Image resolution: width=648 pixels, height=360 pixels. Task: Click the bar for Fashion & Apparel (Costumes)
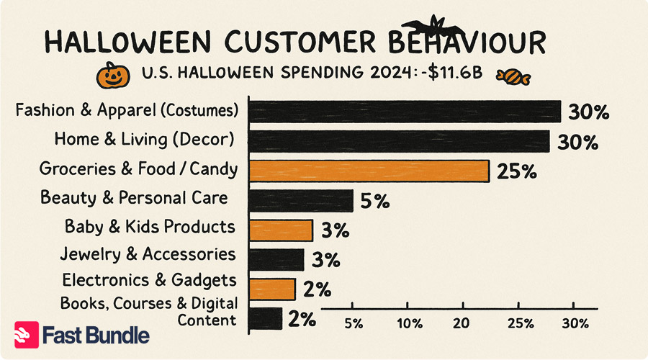click(405, 112)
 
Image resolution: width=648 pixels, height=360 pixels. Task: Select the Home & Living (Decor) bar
click(399, 141)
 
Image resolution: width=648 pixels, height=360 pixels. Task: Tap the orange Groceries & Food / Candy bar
click(369, 171)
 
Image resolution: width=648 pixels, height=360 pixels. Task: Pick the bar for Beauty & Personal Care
click(301, 200)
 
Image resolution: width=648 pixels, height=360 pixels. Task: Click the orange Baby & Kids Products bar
click(281, 230)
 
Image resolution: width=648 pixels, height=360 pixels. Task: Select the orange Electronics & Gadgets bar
click(272, 289)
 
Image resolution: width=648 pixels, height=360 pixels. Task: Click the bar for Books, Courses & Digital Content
click(265, 318)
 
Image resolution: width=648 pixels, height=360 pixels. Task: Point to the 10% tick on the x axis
click(408, 321)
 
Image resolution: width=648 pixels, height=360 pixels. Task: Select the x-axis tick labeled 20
click(462, 321)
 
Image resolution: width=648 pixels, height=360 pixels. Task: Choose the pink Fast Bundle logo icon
click(27, 335)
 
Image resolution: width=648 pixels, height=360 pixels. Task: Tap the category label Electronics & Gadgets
click(149, 279)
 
